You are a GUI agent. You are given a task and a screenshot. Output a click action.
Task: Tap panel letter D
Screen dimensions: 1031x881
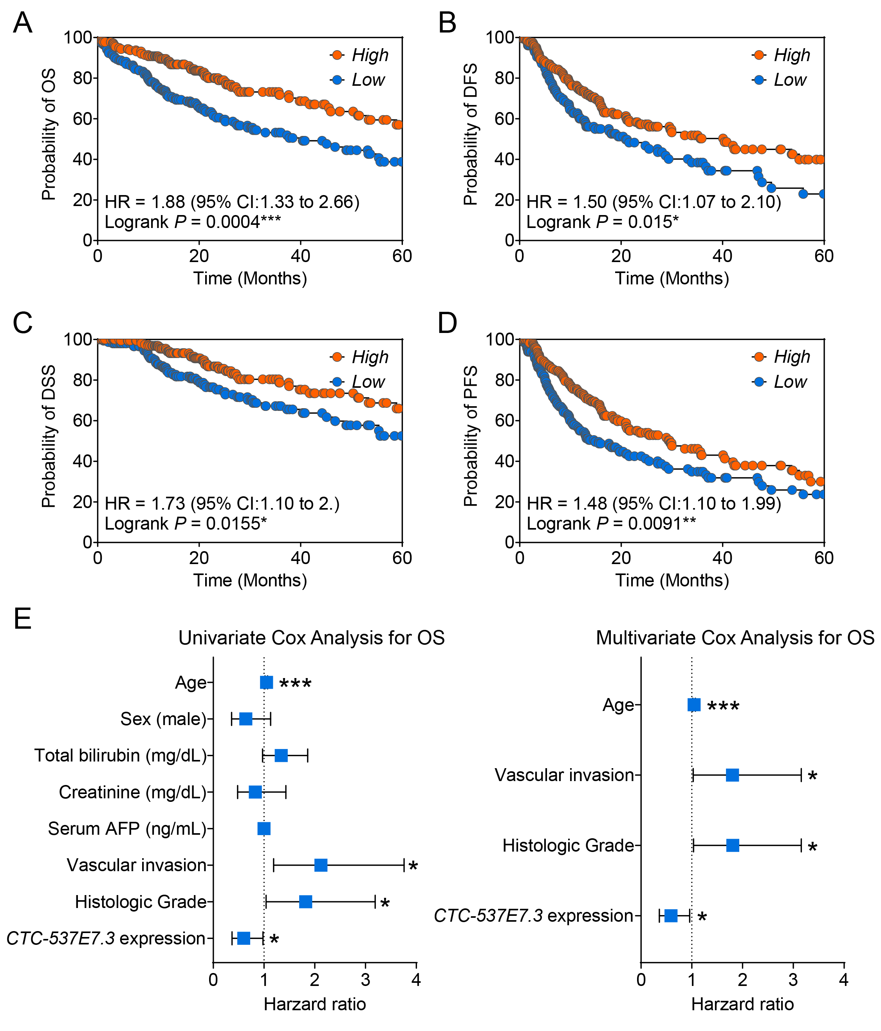(447, 324)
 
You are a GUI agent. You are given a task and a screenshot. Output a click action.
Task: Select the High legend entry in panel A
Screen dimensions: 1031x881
(370, 55)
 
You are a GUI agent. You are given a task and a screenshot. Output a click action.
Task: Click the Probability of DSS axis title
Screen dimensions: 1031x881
(48, 437)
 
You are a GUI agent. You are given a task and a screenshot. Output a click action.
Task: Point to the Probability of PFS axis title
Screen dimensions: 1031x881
(470, 437)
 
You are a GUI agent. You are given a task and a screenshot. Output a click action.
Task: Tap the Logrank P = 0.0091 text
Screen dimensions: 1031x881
(611, 523)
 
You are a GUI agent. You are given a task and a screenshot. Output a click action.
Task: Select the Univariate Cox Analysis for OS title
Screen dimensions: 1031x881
(311, 638)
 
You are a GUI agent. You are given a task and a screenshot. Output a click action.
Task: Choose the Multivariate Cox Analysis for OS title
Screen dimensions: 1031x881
(735, 638)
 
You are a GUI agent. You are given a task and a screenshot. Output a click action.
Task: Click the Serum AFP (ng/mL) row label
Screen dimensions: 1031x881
(127, 828)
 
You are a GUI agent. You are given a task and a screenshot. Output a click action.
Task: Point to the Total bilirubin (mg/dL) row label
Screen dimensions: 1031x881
(120, 755)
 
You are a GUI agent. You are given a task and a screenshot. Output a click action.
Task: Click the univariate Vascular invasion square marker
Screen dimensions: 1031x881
(321, 865)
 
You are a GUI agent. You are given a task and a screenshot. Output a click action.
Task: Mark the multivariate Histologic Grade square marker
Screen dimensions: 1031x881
(732, 845)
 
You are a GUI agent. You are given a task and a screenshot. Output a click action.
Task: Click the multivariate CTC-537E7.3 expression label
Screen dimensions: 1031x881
(533, 915)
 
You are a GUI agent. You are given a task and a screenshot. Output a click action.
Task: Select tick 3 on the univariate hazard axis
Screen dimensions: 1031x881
(366, 979)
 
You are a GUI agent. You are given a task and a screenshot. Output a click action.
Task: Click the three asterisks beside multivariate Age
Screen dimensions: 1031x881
(723, 707)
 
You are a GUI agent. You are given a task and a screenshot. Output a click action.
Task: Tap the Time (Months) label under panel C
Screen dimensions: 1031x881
(250, 580)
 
